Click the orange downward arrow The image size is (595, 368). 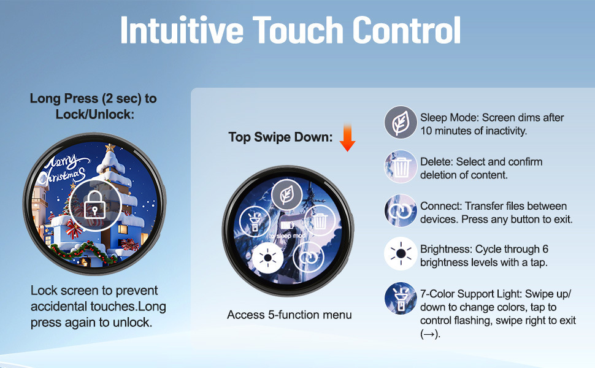coord(347,137)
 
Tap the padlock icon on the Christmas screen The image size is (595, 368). coord(94,204)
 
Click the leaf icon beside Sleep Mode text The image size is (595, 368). coord(401,122)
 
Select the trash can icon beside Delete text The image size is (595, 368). coord(401,167)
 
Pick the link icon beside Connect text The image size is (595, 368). coord(401,210)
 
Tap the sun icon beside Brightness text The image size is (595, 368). coord(401,253)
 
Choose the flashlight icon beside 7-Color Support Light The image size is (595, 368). coord(401,299)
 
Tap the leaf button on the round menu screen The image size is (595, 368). coord(287,195)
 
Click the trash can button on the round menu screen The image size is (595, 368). coord(320,221)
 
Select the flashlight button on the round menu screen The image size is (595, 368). coord(255,222)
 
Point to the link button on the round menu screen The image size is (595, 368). coord(309,258)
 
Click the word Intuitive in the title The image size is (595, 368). coord(182,29)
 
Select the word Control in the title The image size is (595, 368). coord(407,29)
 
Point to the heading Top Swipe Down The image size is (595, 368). coord(280,137)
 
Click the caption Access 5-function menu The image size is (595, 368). coord(290,315)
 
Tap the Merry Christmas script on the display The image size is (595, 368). coord(64,169)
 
